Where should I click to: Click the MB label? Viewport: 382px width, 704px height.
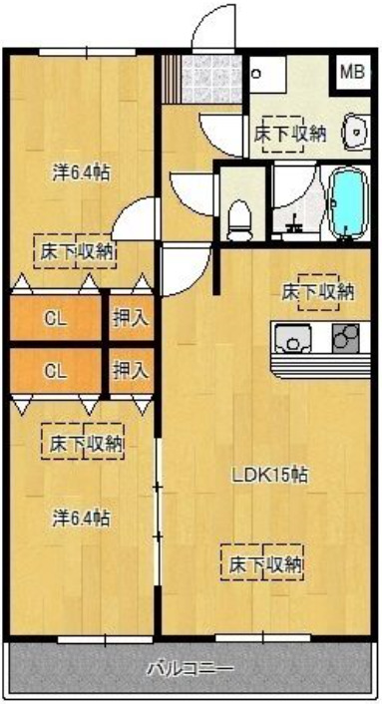coord(351,72)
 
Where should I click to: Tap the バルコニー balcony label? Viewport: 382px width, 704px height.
coord(191,667)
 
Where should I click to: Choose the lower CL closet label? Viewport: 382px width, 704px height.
coord(56,371)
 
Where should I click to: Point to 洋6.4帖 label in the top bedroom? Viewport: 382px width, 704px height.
coord(82,172)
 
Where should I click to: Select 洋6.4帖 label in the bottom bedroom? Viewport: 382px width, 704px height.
coord(82,518)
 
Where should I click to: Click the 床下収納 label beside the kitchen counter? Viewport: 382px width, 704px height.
coord(317,292)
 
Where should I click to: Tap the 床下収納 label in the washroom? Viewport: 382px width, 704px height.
coord(290,133)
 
